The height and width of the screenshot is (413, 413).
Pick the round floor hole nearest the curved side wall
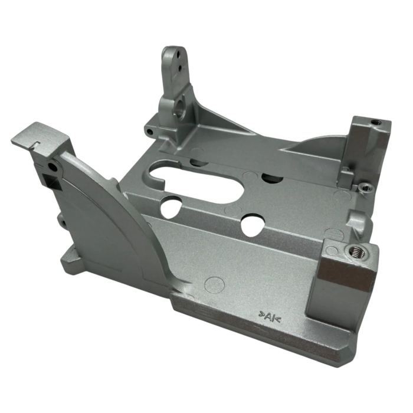pyautogui.click(x=171, y=206)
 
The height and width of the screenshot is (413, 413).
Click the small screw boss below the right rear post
pyautogui.click(x=364, y=188)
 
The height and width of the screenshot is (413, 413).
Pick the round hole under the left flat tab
pyautogui.click(x=54, y=168)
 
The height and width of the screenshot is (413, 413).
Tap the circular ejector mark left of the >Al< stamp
pyautogui.click(x=216, y=284)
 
